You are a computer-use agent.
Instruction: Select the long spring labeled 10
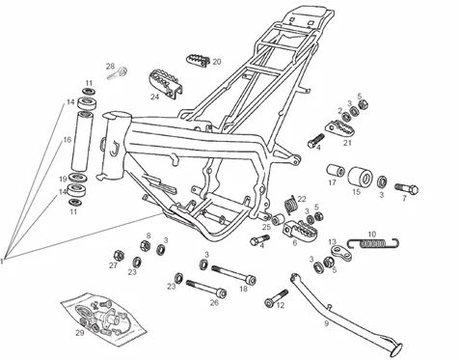click(373, 243)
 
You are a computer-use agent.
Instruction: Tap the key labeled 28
click(118, 73)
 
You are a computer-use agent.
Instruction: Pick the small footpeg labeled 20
click(198, 60)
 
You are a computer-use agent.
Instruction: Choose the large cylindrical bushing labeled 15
click(361, 177)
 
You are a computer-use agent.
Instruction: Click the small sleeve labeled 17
click(336, 171)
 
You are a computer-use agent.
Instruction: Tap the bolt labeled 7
click(407, 188)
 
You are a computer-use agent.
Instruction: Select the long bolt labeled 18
click(233, 274)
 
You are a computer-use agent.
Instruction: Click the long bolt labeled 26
click(206, 289)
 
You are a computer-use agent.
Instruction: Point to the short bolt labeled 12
click(277, 297)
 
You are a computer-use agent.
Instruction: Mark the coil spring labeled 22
click(292, 205)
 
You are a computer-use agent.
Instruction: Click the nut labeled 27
click(119, 256)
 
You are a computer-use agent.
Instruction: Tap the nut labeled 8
click(145, 246)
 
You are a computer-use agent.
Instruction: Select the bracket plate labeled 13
click(341, 253)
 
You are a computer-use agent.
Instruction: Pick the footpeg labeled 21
click(340, 126)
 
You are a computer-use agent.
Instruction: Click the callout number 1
click(2, 261)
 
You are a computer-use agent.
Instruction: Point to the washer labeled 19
click(78, 177)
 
